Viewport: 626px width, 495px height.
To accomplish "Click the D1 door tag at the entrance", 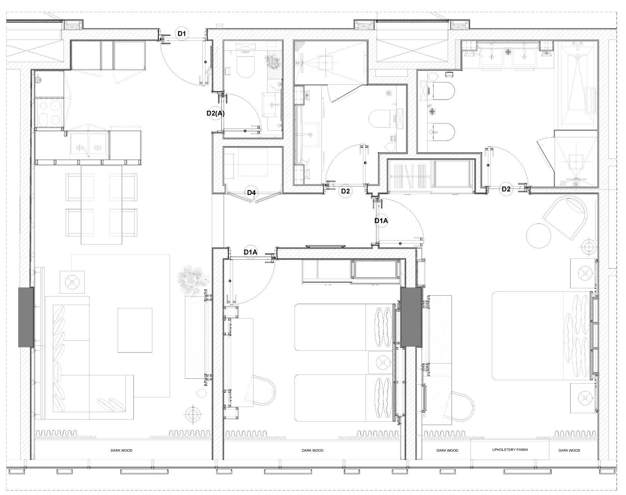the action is coord(182,34).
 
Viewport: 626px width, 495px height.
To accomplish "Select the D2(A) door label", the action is coord(215,113).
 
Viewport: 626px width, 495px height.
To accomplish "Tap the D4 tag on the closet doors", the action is coord(252,193).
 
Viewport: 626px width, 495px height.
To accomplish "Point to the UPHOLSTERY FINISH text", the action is coord(510,449).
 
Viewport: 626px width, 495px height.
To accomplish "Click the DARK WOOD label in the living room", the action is coord(121,450).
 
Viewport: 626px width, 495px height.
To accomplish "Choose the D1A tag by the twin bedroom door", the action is coord(250,252).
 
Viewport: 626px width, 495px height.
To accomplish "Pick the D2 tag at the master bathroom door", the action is coord(506,189).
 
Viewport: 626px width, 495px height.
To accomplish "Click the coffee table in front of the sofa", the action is coord(135,330).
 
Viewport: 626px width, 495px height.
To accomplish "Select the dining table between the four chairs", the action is coord(101,204).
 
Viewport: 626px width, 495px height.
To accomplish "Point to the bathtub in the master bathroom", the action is coord(578,85).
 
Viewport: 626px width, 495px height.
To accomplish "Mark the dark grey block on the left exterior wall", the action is coord(26,317).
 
